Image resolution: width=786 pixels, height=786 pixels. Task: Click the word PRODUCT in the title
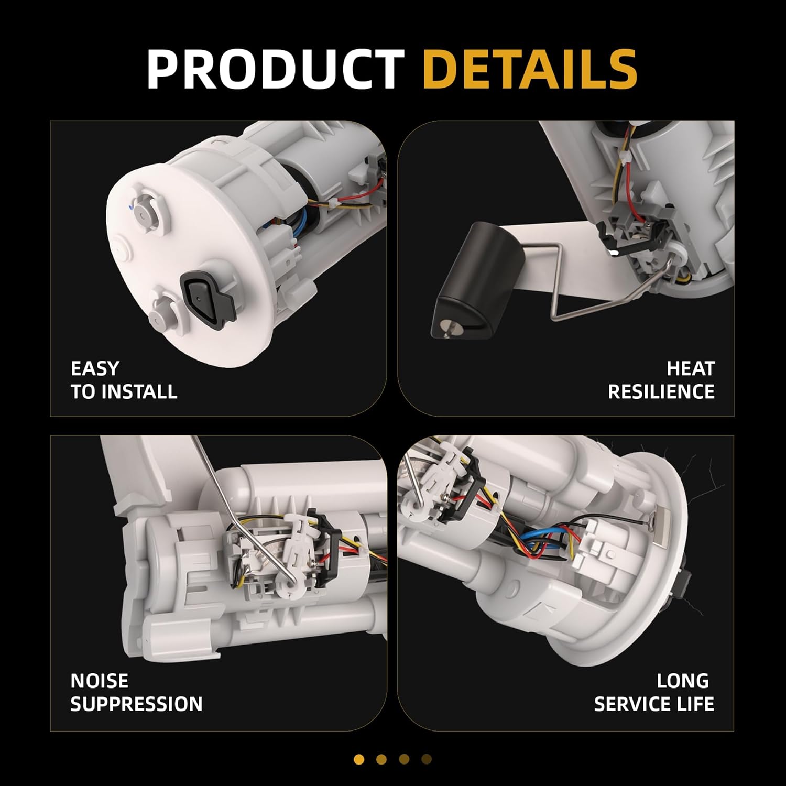[x=275, y=69]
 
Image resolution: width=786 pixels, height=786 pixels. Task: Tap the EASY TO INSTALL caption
[x=124, y=380]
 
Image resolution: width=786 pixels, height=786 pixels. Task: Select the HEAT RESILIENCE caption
[x=661, y=380]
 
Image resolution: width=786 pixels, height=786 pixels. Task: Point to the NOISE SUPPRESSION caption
[x=136, y=692]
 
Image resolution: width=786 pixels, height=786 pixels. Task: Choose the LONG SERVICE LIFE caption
[x=654, y=692]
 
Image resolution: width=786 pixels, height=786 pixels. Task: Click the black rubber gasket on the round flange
[x=205, y=301]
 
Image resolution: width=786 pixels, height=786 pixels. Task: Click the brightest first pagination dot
[x=359, y=759]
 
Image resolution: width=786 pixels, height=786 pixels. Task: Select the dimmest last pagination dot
[x=427, y=759]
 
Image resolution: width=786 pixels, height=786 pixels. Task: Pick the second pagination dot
[x=381, y=759]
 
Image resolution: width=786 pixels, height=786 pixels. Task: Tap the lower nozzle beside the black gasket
[x=161, y=314]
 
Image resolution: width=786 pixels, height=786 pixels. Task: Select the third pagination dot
[x=404, y=759]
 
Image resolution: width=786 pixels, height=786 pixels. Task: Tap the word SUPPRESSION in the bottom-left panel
[x=136, y=704]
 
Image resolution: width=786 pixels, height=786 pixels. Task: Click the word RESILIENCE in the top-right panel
[x=661, y=391]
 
